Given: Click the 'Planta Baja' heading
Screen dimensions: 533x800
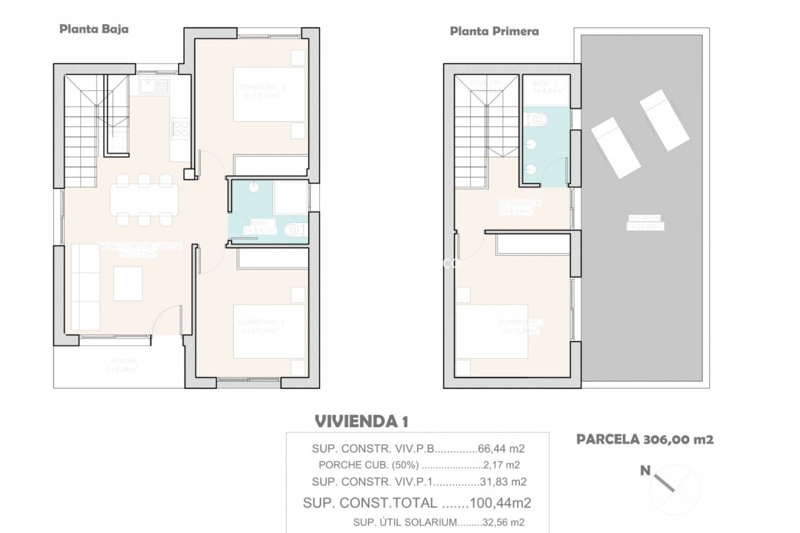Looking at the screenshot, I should pos(94,29).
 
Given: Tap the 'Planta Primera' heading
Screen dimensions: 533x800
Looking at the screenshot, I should pos(494,32).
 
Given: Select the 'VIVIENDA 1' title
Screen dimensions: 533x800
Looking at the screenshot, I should pos(361,421).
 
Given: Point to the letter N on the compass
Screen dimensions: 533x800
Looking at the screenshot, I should pos(645,471).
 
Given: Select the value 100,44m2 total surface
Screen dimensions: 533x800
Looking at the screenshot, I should pos(500,503).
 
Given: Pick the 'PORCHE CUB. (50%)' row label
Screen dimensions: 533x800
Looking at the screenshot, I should pos(368,465).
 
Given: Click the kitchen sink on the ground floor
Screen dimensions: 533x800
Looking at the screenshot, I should pos(155,86).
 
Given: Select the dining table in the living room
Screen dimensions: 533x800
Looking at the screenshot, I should pos(144,199).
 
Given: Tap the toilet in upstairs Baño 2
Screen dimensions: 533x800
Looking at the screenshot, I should pos(537,120).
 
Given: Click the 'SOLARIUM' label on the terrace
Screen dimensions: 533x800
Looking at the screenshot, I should pos(645,218).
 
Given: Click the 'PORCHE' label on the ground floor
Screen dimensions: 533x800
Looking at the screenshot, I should pos(124,361).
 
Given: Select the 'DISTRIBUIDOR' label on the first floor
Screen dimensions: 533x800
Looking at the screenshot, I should pos(519,203).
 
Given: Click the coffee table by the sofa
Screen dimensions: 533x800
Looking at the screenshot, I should pos(128,284).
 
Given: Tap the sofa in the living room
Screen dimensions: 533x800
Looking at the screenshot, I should pos(85,287).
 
